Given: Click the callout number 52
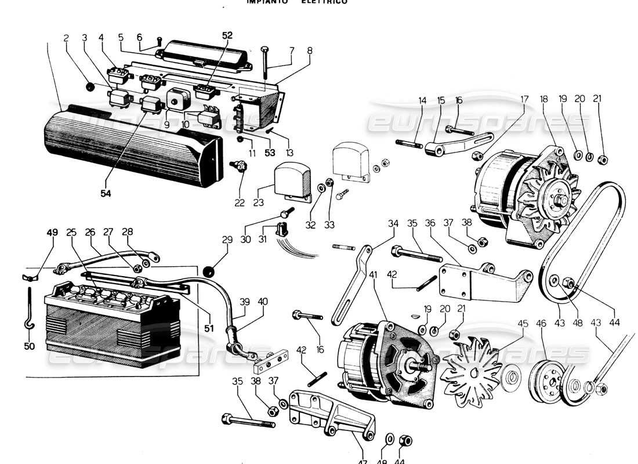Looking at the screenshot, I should click(x=227, y=35).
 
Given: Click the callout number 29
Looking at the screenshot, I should click(x=227, y=240).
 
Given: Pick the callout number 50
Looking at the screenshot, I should click(x=30, y=347).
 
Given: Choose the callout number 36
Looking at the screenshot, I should click(x=430, y=224).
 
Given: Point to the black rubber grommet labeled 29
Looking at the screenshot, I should click(x=210, y=271).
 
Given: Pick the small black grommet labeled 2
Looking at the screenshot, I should click(x=90, y=86).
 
